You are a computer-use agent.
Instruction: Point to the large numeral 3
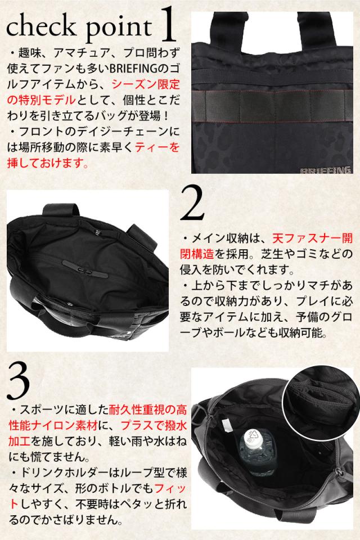(x=18, y=381)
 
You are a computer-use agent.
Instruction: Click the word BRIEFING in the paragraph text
(x=133, y=69)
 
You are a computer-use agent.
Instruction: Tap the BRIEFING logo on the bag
(x=325, y=170)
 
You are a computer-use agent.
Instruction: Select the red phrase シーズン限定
(x=146, y=84)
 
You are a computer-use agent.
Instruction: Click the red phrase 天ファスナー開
(x=312, y=238)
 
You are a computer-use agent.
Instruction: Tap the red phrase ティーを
(x=157, y=147)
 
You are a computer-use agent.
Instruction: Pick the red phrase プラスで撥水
(x=154, y=425)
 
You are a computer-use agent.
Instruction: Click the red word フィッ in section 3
(x=170, y=488)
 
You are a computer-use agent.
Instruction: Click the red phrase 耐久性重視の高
(x=148, y=409)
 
